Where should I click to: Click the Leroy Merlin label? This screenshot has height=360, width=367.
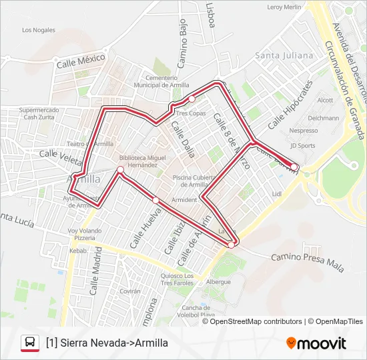(x=284, y=7)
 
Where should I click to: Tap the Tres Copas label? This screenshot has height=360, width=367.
(x=192, y=113)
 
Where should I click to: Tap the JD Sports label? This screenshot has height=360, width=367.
(x=303, y=145)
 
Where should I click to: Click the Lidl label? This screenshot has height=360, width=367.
(x=278, y=194)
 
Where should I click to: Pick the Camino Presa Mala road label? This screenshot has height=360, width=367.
(x=308, y=262)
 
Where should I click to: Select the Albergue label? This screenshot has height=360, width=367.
(x=218, y=281)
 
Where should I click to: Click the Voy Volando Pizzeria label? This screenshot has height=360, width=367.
(x=85, y=234)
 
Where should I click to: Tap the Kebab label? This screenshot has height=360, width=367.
(x=79, y=251)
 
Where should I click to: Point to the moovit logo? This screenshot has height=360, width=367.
(x=316, y=343)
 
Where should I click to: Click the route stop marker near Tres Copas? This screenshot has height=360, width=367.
(x=192, y=99)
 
